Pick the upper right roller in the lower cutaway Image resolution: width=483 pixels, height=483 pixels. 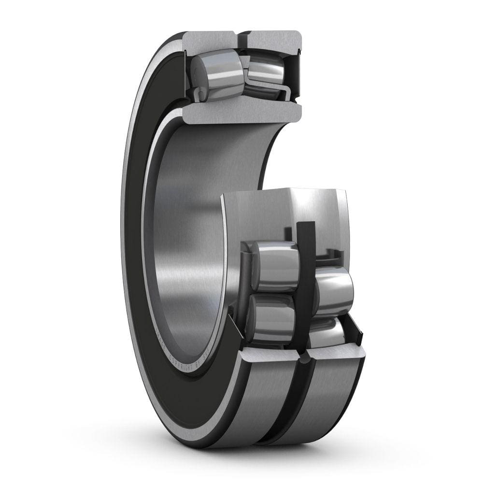(x=333, y=290)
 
